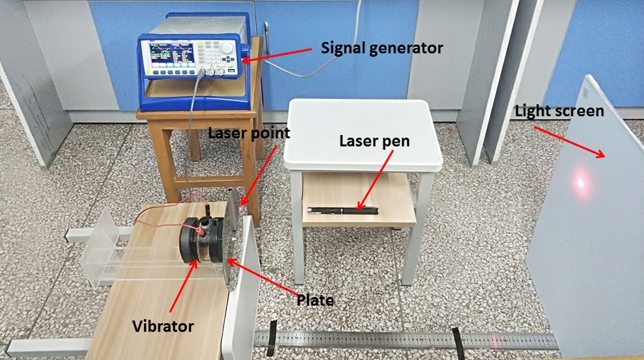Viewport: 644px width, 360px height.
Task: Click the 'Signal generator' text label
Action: click(x=382, y=48)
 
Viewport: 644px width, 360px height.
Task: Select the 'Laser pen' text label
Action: click(x=374, y=141)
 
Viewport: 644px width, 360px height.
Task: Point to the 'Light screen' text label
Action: click(x=560, y=111)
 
